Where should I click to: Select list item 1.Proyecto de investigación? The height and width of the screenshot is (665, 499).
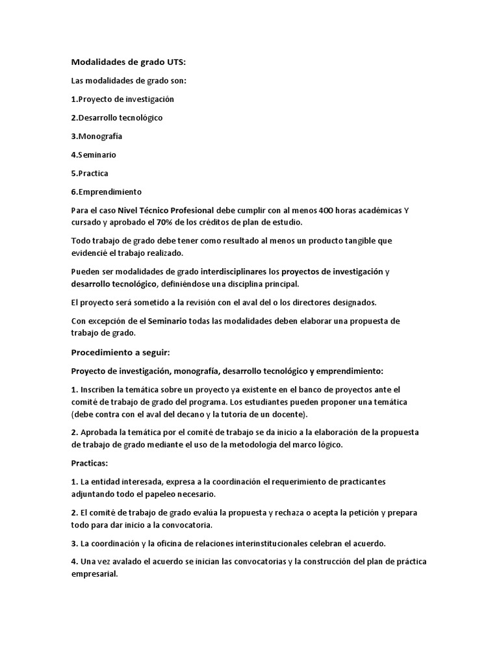click(122, 99)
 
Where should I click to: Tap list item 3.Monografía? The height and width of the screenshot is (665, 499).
click(97, 136)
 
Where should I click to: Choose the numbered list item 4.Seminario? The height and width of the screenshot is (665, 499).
click(94, 155)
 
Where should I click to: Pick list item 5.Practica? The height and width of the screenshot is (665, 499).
click(90, 173)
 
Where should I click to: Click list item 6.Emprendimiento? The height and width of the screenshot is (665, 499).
click(106, 192)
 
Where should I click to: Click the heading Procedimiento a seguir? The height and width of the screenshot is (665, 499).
click(120, 353)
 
